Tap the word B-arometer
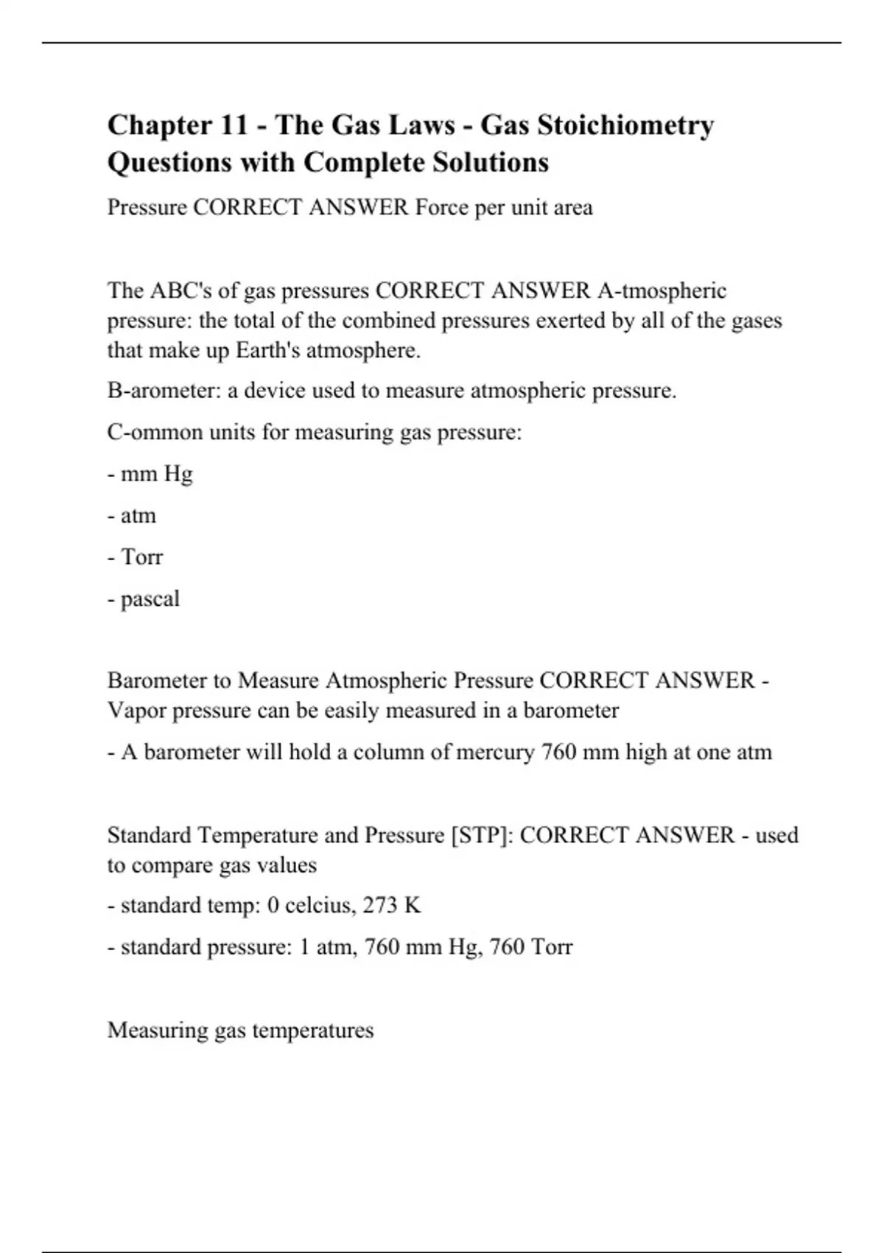tap(164, 390)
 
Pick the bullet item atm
tap(138, 515)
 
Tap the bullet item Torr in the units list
tap(141, 556)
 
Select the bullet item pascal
tap(150, 598)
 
